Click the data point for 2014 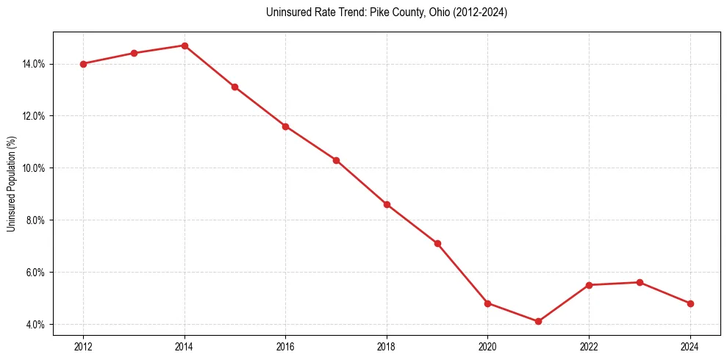click(x=185, y=46)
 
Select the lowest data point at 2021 click(x=538, y=321)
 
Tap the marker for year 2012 click(x=83, y=64)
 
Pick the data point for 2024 click(x=690, y=303)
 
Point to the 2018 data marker click(x=387, y=204)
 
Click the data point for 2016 click(x=285, y=126)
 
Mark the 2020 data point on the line click(x=487, y=303)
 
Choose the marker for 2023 click(x=640, y=282)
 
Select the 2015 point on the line click(x=234, y=87)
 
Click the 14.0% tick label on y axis click(x=34, y=64)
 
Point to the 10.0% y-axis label click(x=34, y=168)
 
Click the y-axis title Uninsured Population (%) click(x=11, y=184)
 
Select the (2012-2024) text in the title click(x=479, y=12)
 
